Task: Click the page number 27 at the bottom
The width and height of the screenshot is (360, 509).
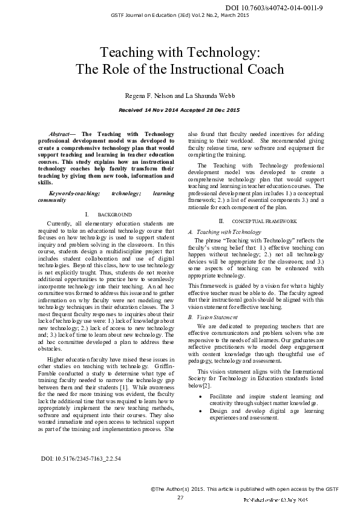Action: pyautogui.click(x=180, y=497)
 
